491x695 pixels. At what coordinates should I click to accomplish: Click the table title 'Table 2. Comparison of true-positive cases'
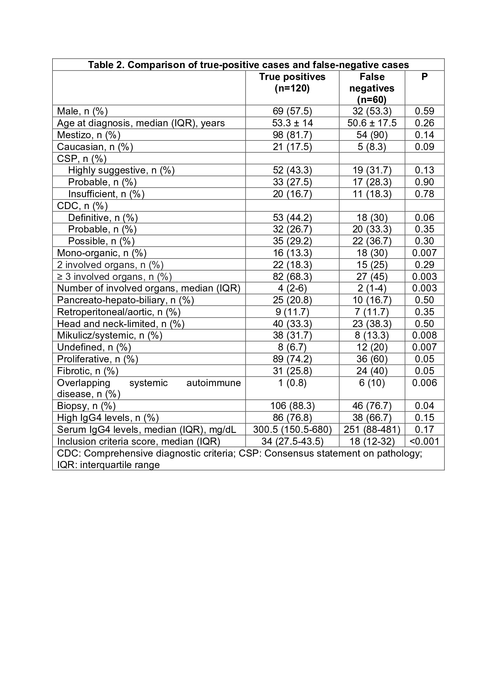(x=248, y=65)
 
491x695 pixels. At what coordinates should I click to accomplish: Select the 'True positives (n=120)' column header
(x=292, y=82)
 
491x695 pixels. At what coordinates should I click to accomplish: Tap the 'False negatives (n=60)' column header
(x=372, y=88)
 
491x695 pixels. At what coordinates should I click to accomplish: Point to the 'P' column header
(x=424, y=77)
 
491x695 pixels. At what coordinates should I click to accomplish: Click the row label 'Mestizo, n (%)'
(x=89, y=135)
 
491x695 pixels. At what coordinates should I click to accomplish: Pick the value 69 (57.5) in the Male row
(x=292, y=111)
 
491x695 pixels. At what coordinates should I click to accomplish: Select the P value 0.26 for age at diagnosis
(x=424, y=123)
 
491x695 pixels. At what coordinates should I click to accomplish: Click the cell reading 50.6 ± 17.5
(x=372, y=123)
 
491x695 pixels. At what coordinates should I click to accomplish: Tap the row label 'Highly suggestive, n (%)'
(x=121, y=170)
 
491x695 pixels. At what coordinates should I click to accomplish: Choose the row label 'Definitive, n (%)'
(x=103, y=218)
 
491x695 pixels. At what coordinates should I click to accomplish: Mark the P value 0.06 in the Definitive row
(x=424, y=218)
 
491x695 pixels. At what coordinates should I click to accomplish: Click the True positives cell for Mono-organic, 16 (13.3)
(x=292, y=253)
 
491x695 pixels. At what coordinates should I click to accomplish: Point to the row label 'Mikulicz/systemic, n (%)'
(x=110, y=336)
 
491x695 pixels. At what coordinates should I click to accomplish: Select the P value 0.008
(x=424, y=336)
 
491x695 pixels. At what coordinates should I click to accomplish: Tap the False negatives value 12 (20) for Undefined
(x=372, y=347)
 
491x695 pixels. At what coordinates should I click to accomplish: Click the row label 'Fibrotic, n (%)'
(x=88, y=371)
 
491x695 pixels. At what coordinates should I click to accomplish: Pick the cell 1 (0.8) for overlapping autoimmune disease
(x=292, y=383)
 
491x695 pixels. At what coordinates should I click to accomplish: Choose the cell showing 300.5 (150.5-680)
(x=292, y=430)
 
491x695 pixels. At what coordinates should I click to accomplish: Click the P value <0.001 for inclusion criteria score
(x=424, y=442)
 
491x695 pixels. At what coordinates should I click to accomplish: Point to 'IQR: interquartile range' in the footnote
(x=108, y=465)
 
